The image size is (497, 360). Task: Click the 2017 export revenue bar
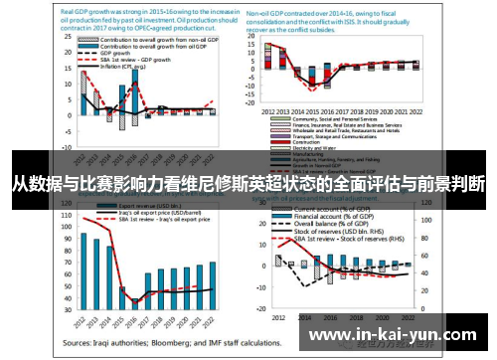(x=147, y=289)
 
